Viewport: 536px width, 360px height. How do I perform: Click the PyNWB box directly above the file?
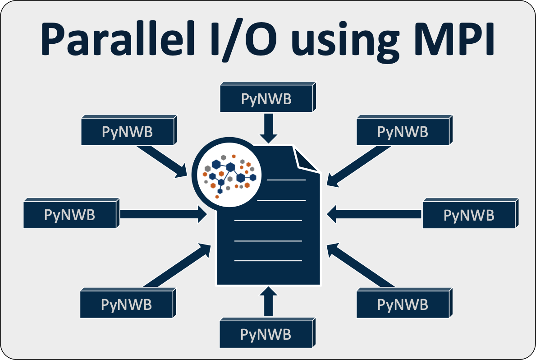(266, 99)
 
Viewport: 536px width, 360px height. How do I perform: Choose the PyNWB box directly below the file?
(266, 335)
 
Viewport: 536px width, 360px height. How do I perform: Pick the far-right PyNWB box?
(469, 216)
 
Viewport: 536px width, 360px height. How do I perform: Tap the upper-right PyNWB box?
(403, 133)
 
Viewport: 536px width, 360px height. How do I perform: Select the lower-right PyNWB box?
(403, 305)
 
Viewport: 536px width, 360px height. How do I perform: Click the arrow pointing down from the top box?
(269, 128)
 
